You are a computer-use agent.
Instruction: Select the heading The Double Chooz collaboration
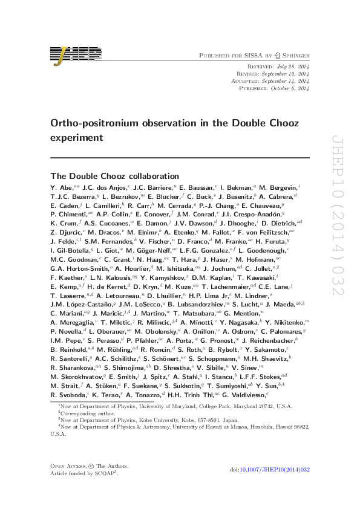115,176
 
